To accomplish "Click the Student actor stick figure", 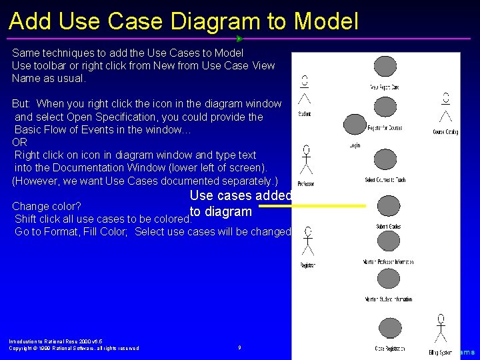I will pyautogui.click(x=305, y=91).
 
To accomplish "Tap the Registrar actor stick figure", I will pyautogui.click(x=307, y=241).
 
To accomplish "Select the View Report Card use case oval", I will pyautogui.click(x=385, y=67).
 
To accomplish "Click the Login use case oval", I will pyautogui.click(x=355, y=124).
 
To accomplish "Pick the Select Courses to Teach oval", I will pyautogui.click(x=385, y=161).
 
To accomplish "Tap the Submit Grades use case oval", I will pyautogui.click(x=387, y=207).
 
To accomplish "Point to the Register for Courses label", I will pyautogui.click(x=385, y=127).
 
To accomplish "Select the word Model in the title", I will pyautogui.click(x=327, y=21).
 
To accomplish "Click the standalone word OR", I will pyautogui.click(x=19, y=143).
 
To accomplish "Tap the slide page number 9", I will pyautogui.click(x=239, y=347).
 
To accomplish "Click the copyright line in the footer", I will pyautogui.click(x=74, y=348).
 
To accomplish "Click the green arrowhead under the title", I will pyautogui.click(x=239, y=39).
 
